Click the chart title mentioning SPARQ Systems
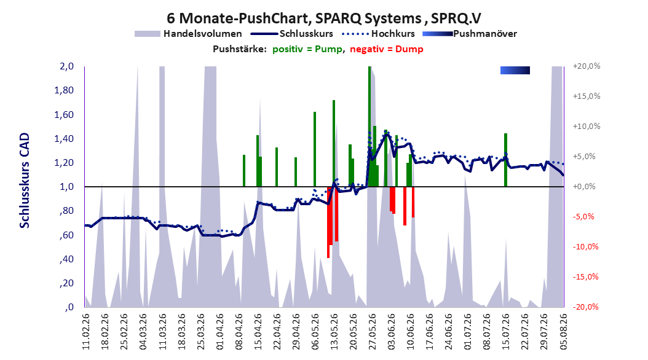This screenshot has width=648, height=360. (x=324, y=18)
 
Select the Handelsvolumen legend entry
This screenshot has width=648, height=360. (x=188, y=34)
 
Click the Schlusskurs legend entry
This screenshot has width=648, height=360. (x=292, y=34)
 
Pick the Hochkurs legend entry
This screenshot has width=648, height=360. (x=378, y=34)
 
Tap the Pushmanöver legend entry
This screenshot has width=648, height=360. (x=470, y=34)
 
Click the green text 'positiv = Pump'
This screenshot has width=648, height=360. (x=307, y=49)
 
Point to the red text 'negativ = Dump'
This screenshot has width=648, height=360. (x=387, y=49)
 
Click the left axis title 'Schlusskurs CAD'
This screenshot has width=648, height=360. (x=25, y=180)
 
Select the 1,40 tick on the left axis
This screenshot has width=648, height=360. (x=64, y=139)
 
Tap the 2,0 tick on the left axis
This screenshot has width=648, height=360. (x=66, y=66)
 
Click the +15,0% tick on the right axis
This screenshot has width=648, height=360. (x=586, y=96)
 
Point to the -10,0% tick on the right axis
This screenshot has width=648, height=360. (x=585, y=247)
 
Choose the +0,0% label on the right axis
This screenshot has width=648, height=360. (x=584, y=187)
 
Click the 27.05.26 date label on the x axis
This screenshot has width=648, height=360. (x=372, y=332)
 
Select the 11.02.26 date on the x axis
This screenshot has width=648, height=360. (x=86, y=332)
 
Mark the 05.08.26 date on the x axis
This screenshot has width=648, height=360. (x=563, y=332)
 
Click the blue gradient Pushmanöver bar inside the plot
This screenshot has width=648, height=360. (x=515, y=71)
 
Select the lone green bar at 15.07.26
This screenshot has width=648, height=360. (x=505, y=160)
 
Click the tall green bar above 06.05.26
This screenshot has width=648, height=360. (x=315, y=149)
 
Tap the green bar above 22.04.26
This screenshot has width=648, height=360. (x=277, y=166)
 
